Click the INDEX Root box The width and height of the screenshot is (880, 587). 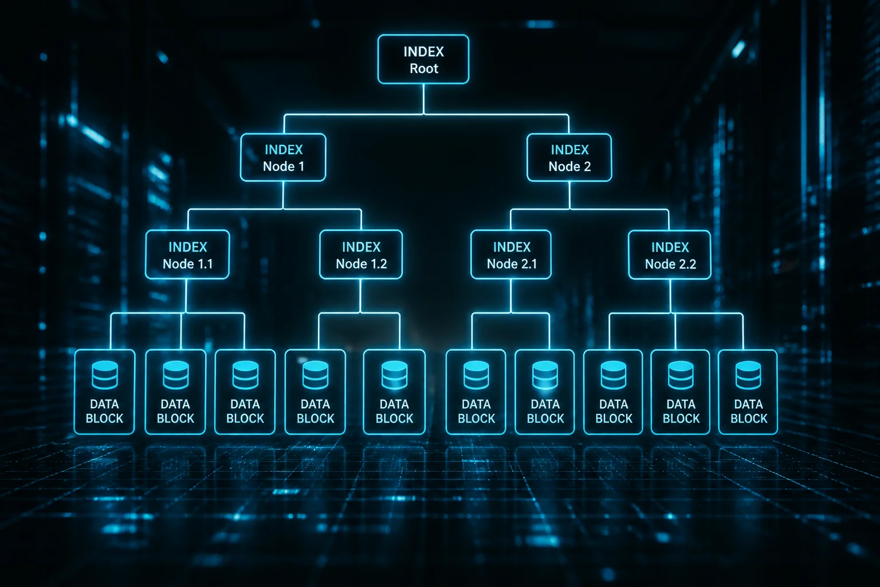(423, 60)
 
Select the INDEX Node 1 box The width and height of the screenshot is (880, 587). (283, 157)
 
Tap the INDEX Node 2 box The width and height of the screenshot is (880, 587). (569, 157)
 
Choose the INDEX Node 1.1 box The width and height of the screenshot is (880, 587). (187, 255)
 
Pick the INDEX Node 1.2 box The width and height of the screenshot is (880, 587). (361, 255)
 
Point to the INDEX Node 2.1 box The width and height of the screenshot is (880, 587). (511, 255)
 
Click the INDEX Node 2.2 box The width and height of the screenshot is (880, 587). (670, 255)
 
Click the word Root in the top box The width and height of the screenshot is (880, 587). (424, 68)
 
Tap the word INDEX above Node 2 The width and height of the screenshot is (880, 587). (569, 150)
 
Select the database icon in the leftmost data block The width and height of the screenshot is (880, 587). (105, 375)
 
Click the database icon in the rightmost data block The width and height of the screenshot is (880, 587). (748, 375)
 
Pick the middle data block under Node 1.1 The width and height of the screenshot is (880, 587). (175, 392)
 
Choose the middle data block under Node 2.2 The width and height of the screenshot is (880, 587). (681, 392)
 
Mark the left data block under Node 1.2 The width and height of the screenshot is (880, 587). (315, 392)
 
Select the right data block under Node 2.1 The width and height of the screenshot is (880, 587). (545, 392)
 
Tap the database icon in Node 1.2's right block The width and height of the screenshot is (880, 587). (394, 375)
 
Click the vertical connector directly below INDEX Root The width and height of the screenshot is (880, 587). (423, 99)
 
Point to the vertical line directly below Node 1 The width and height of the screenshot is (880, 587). (283, 195)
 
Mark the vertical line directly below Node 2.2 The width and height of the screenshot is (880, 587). (670, 296)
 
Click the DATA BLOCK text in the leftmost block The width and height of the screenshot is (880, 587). (104, 411)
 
